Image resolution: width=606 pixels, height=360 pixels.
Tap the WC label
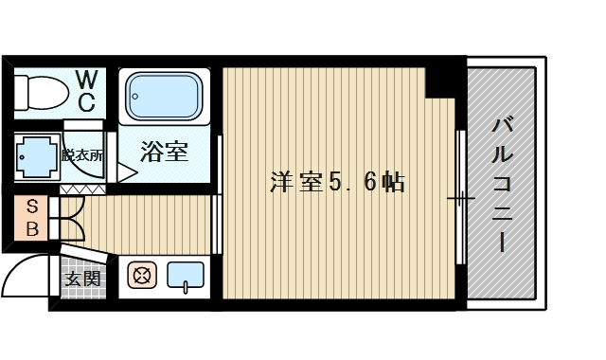(x=85, y=90)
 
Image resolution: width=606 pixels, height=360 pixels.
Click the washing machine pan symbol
(x=36, y=155)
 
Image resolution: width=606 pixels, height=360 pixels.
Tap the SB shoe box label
(x=32, y=217)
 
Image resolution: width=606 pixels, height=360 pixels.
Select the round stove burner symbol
(x=142, y=277)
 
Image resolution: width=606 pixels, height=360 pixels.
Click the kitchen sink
(x=186, y=276)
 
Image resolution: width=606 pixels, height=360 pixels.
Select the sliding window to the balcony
(x=459, y=199)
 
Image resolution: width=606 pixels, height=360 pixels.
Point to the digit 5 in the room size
(x=338, y=182)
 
